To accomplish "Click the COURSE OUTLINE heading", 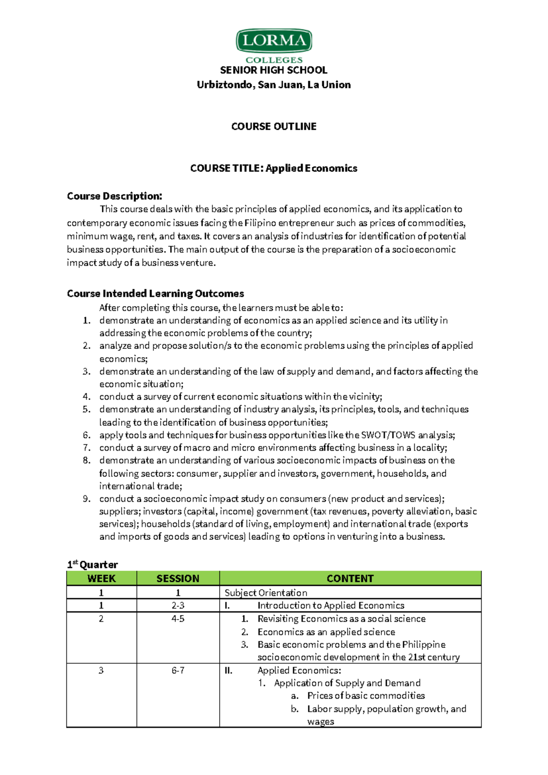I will tap(274, 127).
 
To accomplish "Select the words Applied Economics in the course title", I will tap(311, 169).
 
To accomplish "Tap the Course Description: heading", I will tap(115, 196).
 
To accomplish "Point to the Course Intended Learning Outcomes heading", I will tap(155, 293).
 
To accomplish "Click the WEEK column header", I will tap(101, 579).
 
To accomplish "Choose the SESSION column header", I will tap(178, 579).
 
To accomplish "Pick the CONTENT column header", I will tap(350, 579).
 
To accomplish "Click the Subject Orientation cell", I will tap(266, 593).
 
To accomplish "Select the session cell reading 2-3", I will tap(178, 605).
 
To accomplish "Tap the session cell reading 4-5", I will tap(178, 619).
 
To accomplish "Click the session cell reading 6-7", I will tap(178, 670).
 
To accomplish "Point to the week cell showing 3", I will tap(101, 670).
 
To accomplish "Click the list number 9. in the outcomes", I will tap(87, 499).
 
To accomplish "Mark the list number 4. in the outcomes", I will tap(87, 397).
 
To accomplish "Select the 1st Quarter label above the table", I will tap(93, 565).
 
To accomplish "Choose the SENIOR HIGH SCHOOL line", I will tap(274, 70).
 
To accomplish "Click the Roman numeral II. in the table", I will tap(229, 670).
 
